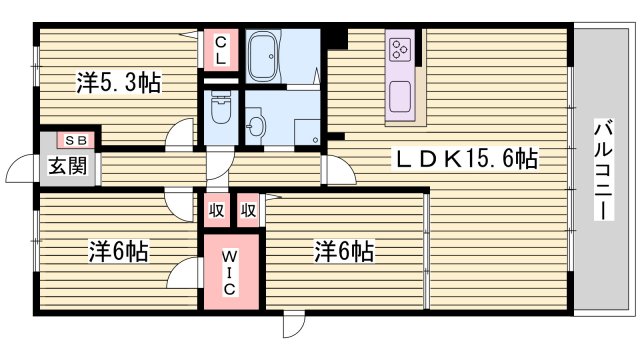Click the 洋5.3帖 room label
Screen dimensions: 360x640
pos(118,83)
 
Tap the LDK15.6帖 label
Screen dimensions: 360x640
pos(466,157)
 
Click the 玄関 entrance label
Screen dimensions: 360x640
pos(57,167)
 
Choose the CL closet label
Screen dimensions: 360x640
pos(220,50)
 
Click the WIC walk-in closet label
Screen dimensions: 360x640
pos(229,269)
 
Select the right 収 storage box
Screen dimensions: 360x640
pos(249,210)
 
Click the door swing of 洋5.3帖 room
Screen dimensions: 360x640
pos(181,133)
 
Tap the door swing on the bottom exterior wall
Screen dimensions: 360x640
pos(292,323)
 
